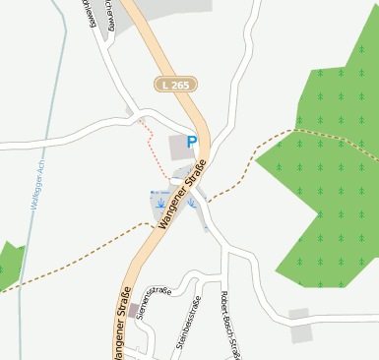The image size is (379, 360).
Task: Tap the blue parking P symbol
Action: click(x=193, y=143)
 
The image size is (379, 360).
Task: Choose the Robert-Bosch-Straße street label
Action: click(x=231, y=326)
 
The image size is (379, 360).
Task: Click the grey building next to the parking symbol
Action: click(x=179, y=149)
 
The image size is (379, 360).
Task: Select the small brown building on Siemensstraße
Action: click(x=133, y=311)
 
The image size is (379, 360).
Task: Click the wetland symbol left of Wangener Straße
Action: click(x=158, y=205)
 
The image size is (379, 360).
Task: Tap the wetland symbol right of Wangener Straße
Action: click(x=193, y=204)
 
